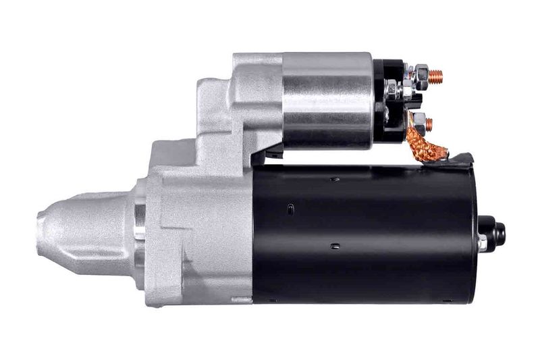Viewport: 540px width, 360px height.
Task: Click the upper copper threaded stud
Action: click(436, 76)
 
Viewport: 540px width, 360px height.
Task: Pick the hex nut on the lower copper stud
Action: click(418, 124)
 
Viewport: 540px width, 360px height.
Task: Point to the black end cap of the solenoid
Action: click(387, 101)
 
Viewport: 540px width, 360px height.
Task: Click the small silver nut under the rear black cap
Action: click(482, 242)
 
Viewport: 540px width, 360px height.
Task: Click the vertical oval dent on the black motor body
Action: click(290, 208)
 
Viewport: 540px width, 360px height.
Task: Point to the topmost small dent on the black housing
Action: click(335, 179)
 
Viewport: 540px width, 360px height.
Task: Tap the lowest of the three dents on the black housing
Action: click(335, 247)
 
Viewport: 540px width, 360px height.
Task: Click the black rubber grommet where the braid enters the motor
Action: click(461, 161)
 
